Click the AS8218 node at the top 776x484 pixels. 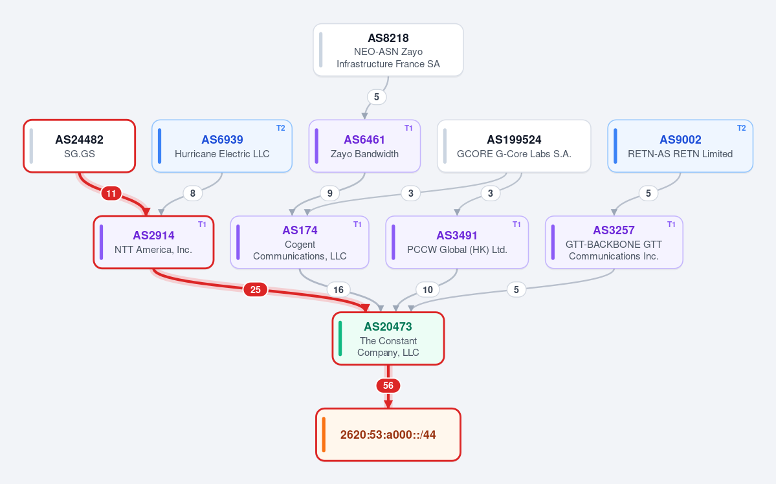(388, 50)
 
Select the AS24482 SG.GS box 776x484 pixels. (79, 146)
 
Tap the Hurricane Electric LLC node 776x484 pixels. (222, 146)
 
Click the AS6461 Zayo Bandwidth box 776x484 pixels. (364, 146)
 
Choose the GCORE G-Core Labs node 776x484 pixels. (514, 146)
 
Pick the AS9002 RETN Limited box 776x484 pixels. (680, 146)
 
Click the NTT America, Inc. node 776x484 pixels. (153, 242)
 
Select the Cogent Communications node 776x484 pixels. (300, 242)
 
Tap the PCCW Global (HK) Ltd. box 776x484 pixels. (457, 242)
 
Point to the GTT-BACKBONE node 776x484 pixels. (614, 242)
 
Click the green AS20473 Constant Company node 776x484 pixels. (388, 338)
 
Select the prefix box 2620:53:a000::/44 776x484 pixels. (388, 435)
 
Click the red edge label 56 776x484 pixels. (388, 386)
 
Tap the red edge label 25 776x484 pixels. (256, 289)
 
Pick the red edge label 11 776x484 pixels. (111, 193)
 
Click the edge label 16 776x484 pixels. (338, 289)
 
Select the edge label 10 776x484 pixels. (428, 289)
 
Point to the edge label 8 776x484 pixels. (192, 193)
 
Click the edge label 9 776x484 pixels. (329, 193)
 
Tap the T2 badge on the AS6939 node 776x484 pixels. (281, 128)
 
